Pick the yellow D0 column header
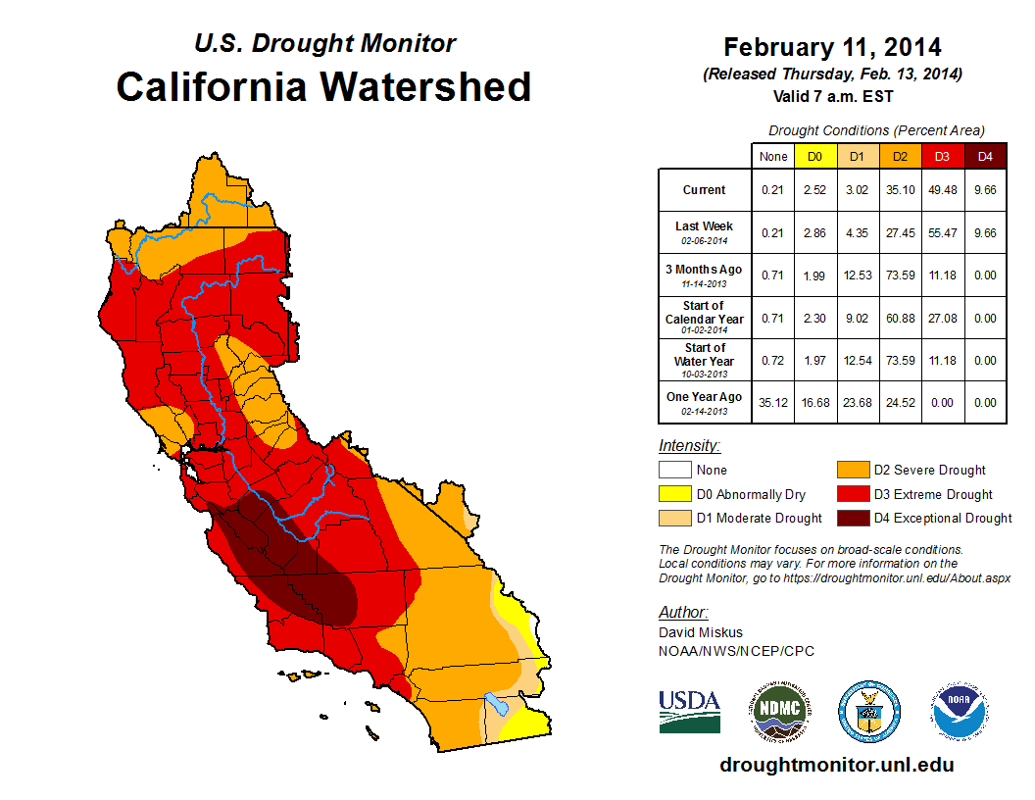coord(814,157)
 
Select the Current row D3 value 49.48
coord(941,190)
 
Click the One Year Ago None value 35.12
coord(773,402)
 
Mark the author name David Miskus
coord(702,632)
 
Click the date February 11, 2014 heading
coord(832,47)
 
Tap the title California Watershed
coord(323,86)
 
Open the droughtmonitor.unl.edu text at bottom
coord(836,765)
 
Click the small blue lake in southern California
coord(497,704)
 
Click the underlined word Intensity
coord(689,445)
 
